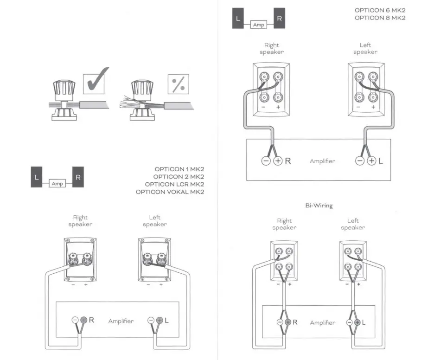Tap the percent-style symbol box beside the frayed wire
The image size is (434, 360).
pyautogui.click(x=178, y=84)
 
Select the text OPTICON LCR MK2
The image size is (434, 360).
pyautogui.click(x=179, y=184)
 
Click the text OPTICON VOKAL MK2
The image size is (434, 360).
pyautogui.click(x=170, y=192)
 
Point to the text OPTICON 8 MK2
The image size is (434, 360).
pyautogui.click(x=380, y=18)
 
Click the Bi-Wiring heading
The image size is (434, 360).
pyautogui.click(x=319, y=206)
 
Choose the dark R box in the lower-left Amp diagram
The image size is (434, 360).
pyautogui.click(x=78, y=177)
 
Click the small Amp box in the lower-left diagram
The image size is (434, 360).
pyautogui.click(x=57, y=184)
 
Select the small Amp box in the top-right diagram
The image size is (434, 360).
pyautogui.click(x=259, y=25)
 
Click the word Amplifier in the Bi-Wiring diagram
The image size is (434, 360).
pyautogui.click(x=322, y=322)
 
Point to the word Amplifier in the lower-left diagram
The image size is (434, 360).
pyautogui.click(x=121, y=321)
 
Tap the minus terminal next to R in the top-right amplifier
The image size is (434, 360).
pyautogui.click(x=266, y=161)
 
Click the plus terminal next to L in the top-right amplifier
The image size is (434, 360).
pyautogui.click(x=371, y=161)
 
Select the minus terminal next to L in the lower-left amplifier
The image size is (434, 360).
pyautogui.click(x=151, y=320)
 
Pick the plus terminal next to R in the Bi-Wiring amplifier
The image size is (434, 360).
pyautogui.click(x=287, y=322)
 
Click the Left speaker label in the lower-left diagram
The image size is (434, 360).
pyautogui.click(x=154, y=221)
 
